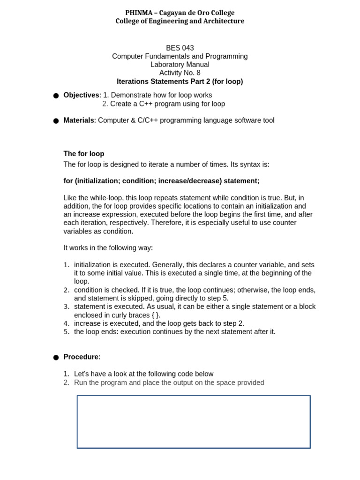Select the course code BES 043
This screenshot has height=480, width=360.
180,48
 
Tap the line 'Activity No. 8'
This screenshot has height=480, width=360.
180,73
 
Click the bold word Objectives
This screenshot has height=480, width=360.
81,95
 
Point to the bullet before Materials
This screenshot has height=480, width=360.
56,121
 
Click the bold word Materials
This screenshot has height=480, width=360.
79,120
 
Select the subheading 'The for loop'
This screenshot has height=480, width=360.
84,154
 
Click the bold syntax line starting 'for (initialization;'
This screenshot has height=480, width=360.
161,181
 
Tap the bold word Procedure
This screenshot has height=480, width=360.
81,357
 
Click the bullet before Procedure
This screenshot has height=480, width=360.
56,357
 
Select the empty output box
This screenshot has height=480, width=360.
194,421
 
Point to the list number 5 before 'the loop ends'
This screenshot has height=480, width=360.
67,332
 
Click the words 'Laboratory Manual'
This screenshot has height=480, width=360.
180,65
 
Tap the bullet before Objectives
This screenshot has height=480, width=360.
56,96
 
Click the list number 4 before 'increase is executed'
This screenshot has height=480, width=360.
67,323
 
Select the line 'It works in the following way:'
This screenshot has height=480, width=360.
108,247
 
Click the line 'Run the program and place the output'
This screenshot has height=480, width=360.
169,382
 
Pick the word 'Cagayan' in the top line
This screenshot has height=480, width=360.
172,13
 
